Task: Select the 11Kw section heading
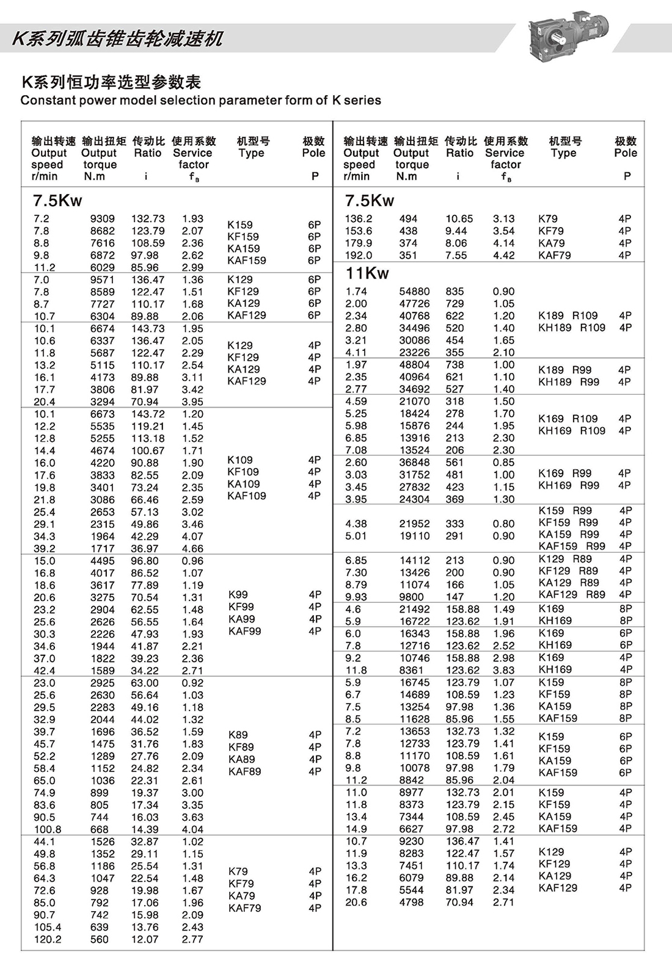coord(367,273)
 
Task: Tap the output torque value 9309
coord(102,218)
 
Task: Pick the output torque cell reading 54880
coord(414,292)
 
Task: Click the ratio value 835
coord(455,292)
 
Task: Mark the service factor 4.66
coord(192,549)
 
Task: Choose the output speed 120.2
coord(48,939)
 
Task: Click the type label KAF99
coord(244,631)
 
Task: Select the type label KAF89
coord(244,771)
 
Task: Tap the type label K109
coord(239,460)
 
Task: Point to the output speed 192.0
coord(358,255)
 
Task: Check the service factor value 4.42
coord(504,255)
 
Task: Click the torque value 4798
coord(411,902)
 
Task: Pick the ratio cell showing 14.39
coord(145,829)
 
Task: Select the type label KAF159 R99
coord(572,546)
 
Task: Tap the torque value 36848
coord(414,463)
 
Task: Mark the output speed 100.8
coord(48,829)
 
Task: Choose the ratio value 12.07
coord(145,939)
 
